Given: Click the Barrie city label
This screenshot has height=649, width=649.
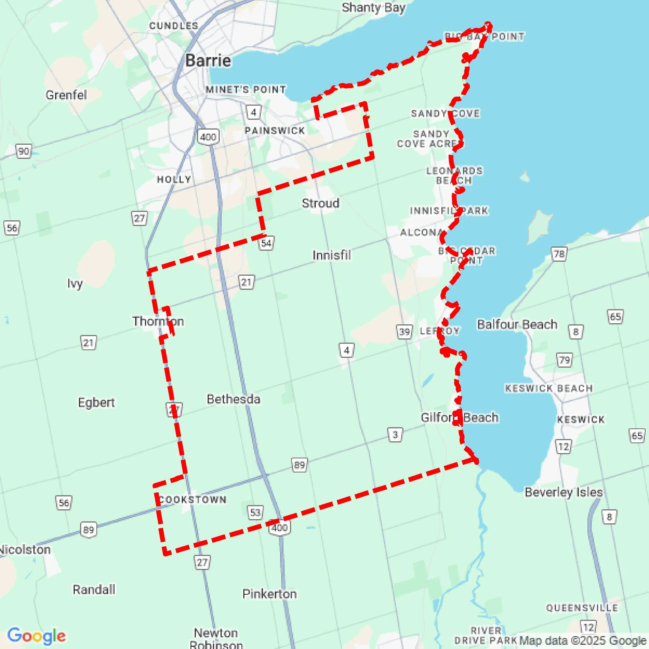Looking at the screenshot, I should (x=208, y=61).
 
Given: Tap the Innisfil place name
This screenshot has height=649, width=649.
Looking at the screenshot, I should (x=332, y=255).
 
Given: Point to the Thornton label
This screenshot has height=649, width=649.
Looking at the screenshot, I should (x=158, y=321).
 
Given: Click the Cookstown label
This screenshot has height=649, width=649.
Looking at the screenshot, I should (x=192, y=499).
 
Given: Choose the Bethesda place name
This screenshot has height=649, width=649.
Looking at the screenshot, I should (x=233, y=399).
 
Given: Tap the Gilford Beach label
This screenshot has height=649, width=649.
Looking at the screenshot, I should (x=459, y=417).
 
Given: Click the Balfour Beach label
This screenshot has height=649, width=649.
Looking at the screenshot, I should (x=517, y=324).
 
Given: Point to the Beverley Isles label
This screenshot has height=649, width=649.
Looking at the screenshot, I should (x=563, y=492).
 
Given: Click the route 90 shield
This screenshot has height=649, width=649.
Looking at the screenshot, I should (x=24, y=151).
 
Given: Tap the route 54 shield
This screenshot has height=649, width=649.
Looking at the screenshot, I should (x=266, y=243).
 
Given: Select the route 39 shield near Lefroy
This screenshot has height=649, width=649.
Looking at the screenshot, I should (x=404, y=332).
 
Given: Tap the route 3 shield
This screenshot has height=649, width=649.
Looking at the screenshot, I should (x=395, y=435).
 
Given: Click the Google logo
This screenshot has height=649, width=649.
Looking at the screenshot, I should (x=36, y=636).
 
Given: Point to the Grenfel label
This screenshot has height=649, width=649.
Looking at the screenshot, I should (x=66, y=95).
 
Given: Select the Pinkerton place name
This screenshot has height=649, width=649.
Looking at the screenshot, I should (x=269, y=594).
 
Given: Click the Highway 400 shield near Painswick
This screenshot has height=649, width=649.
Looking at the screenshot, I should (x=208, y=137).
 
